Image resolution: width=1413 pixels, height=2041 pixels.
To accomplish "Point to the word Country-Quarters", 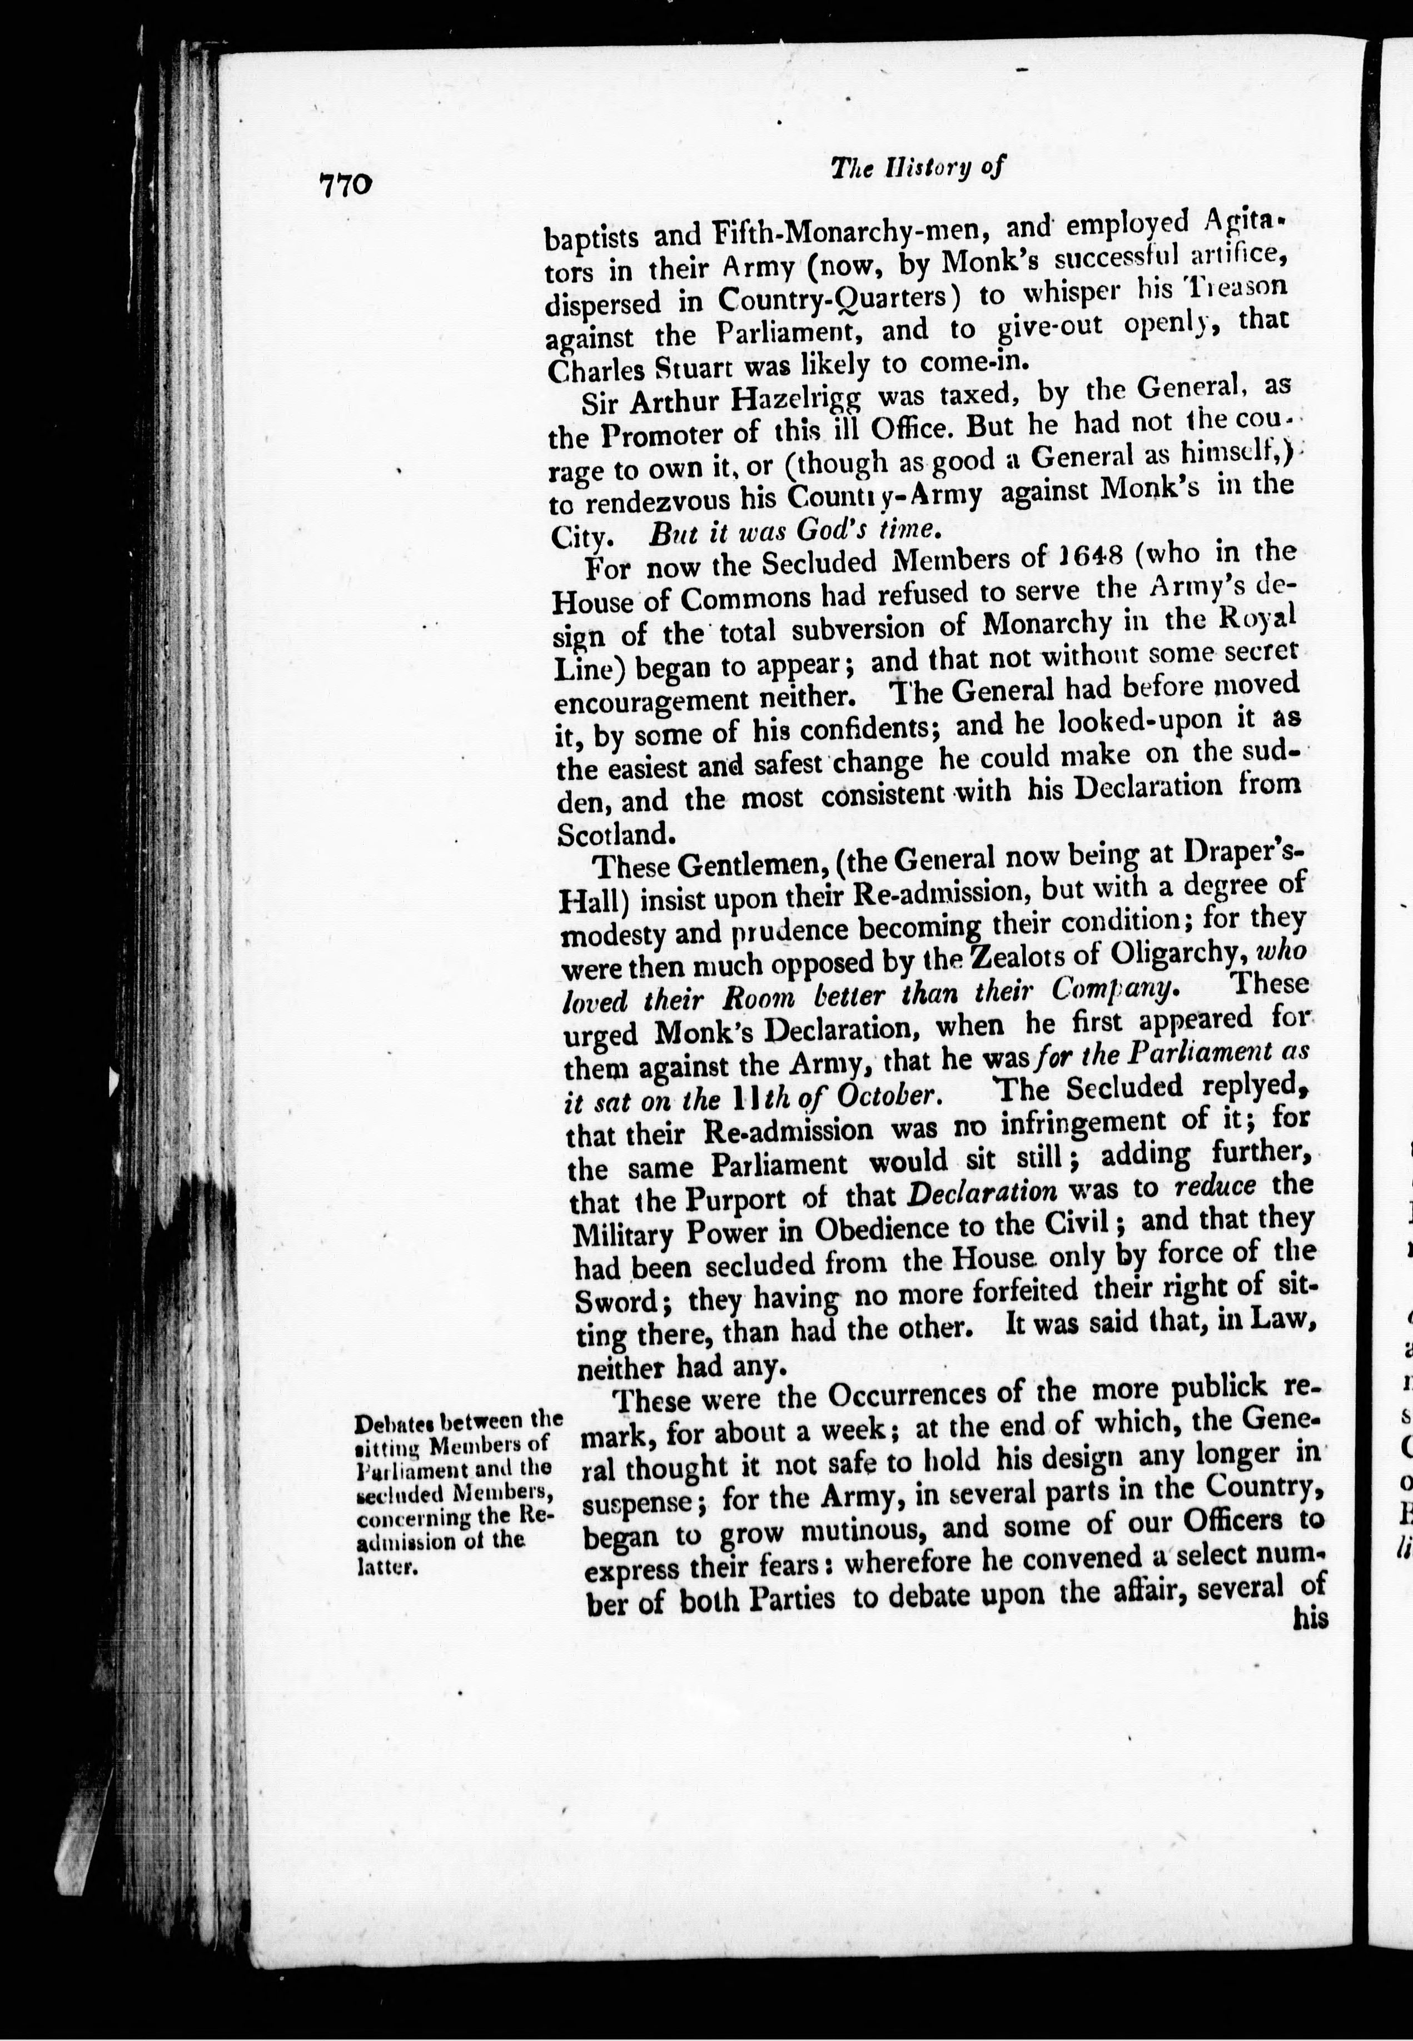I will [840, 298].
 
